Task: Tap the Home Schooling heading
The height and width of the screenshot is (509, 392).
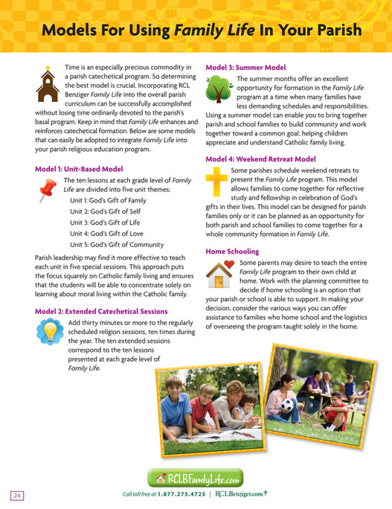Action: [232, 252]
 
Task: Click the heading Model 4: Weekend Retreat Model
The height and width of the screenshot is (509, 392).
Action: [260, 159]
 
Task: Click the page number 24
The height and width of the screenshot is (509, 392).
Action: [17, 496]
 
